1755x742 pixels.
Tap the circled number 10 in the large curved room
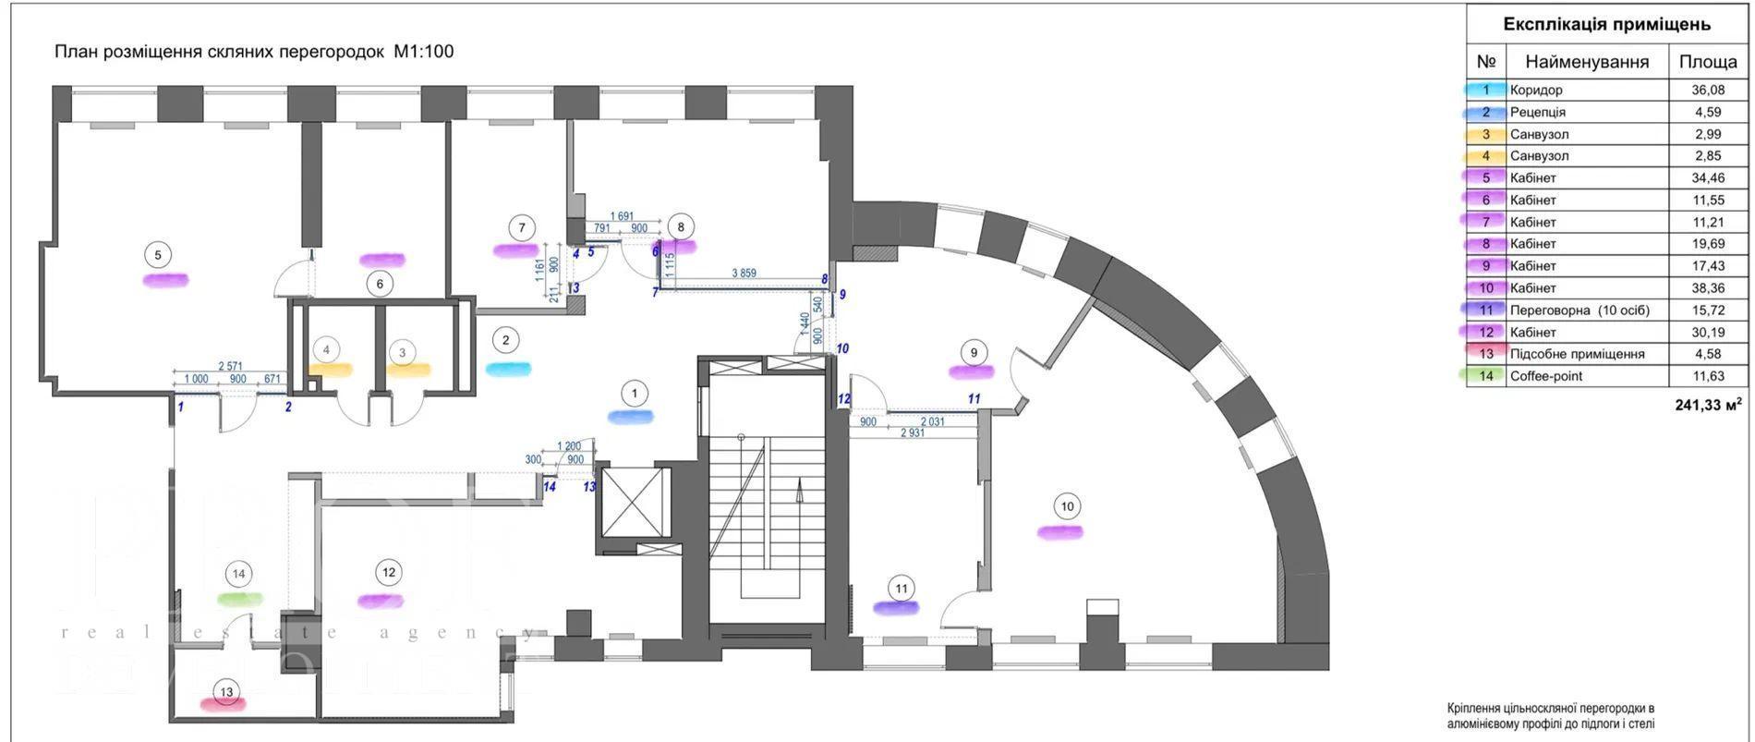pos(1067,506)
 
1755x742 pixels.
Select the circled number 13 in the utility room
pos(224,691)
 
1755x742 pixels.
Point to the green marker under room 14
pos(239,599)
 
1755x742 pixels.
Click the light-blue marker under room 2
pos(508,369)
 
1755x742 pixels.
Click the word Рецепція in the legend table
pos(1537,113)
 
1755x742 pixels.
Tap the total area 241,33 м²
pos(1708,404)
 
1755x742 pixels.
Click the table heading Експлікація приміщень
pos(1606,25)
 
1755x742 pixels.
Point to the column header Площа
pos(1708,62)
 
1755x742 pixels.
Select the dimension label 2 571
pos(230,366)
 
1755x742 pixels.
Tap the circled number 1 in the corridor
pos(634,394)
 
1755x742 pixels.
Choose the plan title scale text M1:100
pos(423,52)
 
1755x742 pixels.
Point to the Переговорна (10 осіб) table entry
pos(1579,310)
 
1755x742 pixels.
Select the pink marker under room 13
pos(224,704)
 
